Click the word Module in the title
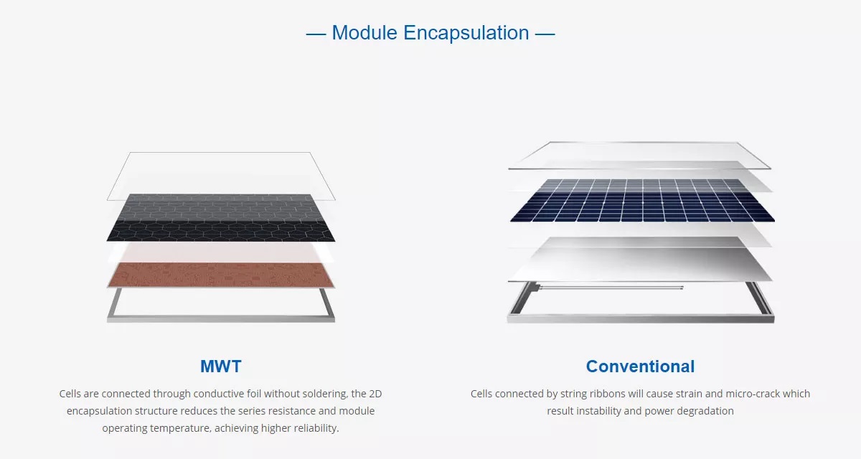(364, 33)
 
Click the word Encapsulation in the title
(466, 34)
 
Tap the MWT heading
(221, 366)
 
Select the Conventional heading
(640, 366)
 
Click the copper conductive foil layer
(221, 275)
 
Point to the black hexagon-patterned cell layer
(221, 218)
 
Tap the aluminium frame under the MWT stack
(221, 319)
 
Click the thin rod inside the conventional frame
(611, 287)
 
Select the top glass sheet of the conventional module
(639, 156)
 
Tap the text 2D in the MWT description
(375, 394)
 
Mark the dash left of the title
(316, 34)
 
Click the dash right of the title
(545, 34)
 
